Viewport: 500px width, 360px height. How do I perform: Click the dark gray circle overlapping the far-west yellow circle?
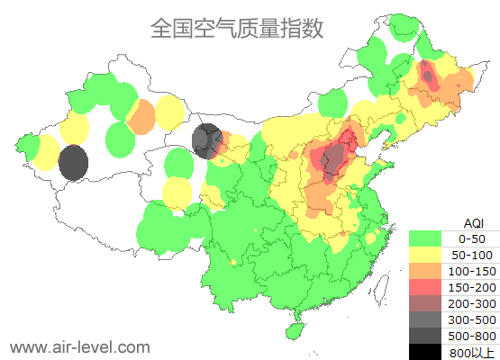(73, 163)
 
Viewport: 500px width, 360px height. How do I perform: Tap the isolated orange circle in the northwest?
(141, 117)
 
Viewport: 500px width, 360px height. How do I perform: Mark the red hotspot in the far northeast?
(429, 76)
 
